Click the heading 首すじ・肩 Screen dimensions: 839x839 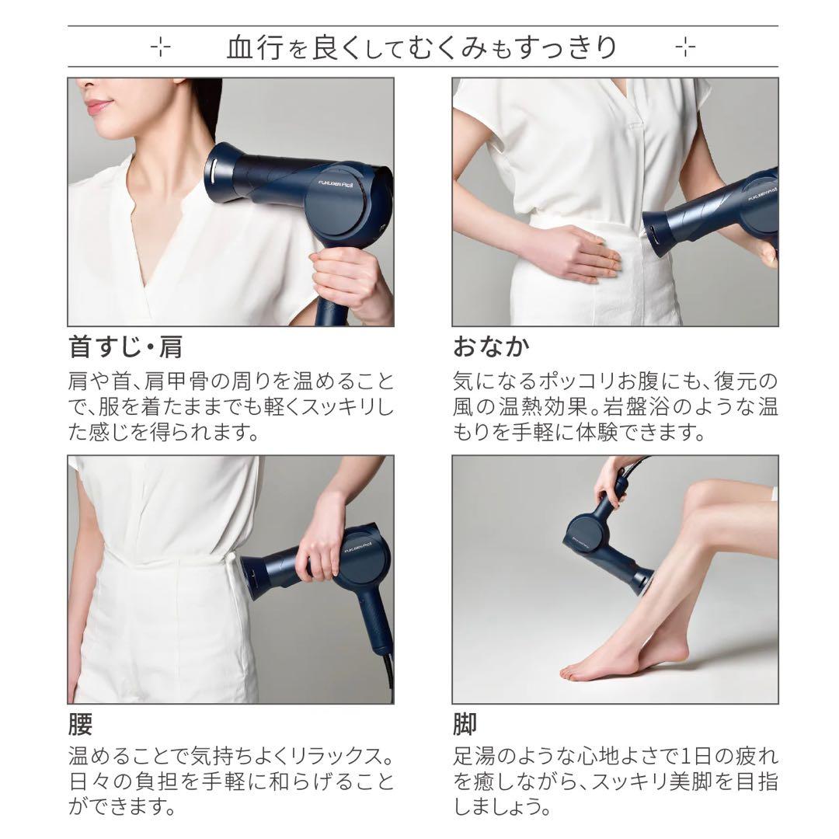point(125,346)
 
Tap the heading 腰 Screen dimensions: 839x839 point(80,724)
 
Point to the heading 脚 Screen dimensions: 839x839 point(465,724)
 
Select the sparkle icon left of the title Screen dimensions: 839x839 point(160,47)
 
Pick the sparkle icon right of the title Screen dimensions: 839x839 point(685,47)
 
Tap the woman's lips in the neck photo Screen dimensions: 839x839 point(99,106)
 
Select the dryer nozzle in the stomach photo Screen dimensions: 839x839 point(659,234)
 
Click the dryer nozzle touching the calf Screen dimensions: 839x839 point(642,580)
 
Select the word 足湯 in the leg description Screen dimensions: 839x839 point(471,756)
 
